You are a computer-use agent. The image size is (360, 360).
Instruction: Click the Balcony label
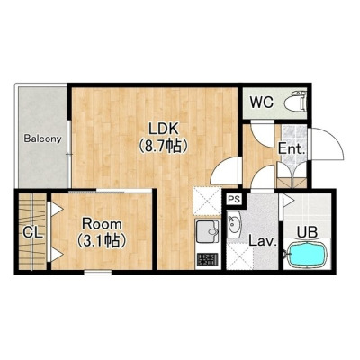(43, 139)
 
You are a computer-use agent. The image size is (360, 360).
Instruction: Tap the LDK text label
(164, 129)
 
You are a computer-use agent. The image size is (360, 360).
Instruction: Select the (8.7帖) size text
(164, 147)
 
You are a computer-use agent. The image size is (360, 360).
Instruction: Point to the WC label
(262, 103)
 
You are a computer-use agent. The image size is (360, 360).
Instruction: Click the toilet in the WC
(296, 102)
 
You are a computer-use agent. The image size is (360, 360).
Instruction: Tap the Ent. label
(292, 148)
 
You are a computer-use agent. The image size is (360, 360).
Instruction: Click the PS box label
(234, 200)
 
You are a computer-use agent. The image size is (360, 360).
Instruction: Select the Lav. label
(263, 241)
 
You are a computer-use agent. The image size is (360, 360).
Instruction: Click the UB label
(307, 232)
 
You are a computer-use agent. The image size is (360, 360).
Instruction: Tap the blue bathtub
(308, 255)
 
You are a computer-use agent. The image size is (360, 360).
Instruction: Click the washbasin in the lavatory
(234, 223)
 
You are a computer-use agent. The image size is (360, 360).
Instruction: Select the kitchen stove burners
(208, 260)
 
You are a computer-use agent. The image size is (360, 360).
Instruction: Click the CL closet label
(33, 232)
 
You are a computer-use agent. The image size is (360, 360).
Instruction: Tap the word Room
(103, 224)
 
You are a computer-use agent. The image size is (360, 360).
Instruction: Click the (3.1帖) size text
(101, 240)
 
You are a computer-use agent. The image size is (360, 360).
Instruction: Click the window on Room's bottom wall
(98, 273)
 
